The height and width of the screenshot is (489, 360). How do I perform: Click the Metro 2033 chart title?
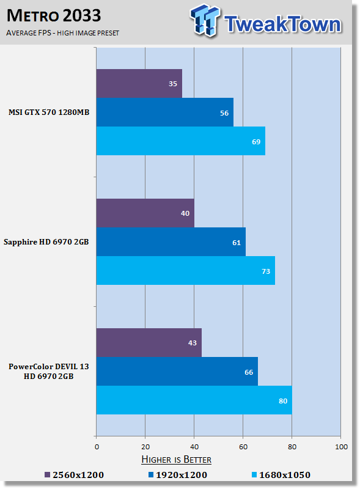click(x=54, y=16)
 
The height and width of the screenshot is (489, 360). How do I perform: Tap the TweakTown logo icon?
click(x=205, y=20)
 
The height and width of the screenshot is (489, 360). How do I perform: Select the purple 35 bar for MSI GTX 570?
click(x=139, y=83)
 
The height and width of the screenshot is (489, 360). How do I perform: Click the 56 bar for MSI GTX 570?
click(x=164, y=112)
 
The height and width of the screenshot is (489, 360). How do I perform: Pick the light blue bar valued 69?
click(x=181, y=141)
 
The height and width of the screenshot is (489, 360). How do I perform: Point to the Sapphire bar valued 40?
click(x=145, y=213)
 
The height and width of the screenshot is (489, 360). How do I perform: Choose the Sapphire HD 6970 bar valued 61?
click(x=171, y=241)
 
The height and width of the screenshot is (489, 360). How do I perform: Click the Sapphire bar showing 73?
click(x=186, y=271)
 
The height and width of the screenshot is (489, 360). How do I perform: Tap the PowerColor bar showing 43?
click(x=149, y=342)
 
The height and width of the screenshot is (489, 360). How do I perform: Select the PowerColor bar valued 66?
click(x=177, y=372)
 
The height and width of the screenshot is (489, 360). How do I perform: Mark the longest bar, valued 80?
click(x=194, y=400)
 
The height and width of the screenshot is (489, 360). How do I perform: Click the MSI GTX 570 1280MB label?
click(x=49, y=112)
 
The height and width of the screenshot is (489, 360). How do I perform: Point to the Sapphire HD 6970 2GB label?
click(x=46, y=242)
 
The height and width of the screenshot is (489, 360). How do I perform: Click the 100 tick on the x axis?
click(x=341, y=447)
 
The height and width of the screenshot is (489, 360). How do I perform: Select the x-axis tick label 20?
click(x=145, y=447)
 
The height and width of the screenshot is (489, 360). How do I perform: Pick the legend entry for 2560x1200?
click(x=74, y=475)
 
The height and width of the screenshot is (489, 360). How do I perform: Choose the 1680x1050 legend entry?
click(x=281, y=475)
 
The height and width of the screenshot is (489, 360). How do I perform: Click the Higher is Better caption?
click(x=176, y=460)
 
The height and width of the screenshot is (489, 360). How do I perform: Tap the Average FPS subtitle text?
click(x=63, y=33)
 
